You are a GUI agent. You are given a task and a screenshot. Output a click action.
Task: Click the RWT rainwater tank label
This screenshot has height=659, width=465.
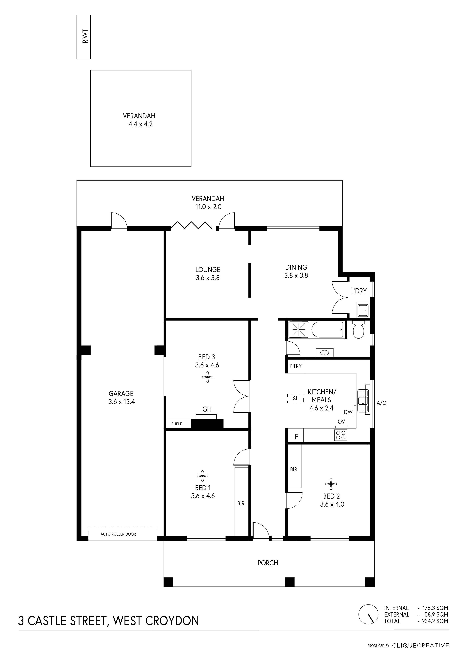click(85, 36)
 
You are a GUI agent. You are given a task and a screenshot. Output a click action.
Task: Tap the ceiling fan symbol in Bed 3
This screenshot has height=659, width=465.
click(207, 377)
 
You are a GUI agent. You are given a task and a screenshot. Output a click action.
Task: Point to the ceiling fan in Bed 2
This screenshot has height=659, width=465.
click(331, 484)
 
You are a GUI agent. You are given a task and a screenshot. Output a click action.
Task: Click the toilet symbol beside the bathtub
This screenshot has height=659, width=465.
click(358, 330)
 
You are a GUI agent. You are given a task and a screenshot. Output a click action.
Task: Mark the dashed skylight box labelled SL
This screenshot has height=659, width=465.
click(295, 399)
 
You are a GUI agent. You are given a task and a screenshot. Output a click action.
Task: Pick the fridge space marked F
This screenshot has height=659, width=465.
click(297, 437)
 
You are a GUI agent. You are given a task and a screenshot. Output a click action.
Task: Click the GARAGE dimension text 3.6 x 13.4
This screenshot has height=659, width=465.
click(121, 402)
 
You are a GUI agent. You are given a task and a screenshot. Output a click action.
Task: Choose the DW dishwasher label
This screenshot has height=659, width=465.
click(348, 412)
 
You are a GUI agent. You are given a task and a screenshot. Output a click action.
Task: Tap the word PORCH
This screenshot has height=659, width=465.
click(268, 563)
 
